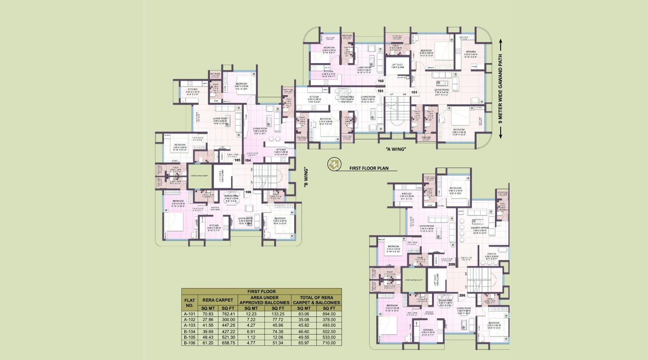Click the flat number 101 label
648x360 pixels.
[414, 92]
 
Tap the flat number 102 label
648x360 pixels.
[381, 81]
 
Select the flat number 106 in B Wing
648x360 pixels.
[248, 192]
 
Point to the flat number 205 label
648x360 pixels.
[452, 264]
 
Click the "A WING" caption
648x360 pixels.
[396, 149]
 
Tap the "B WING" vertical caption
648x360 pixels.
[306, 177]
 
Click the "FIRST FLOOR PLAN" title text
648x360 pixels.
[369, 168]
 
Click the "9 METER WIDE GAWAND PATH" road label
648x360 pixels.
[501, 89]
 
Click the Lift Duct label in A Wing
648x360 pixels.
[397, 66]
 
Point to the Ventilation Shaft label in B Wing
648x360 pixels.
[199, 176]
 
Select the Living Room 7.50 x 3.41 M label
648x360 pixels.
[441, 91]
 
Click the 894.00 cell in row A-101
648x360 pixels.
[329, 314]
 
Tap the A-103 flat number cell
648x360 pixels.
[190, 325]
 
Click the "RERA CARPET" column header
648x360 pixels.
[217, 300]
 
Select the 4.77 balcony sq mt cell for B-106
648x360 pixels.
[251, 343]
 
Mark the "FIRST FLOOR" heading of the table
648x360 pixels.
[261, 291]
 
